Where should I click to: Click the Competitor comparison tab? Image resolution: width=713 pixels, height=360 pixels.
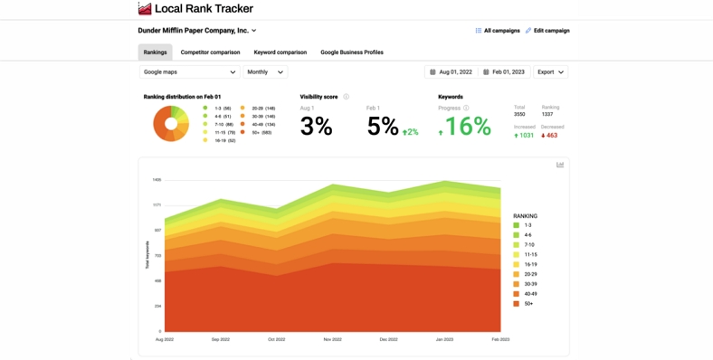[x=210, y=52]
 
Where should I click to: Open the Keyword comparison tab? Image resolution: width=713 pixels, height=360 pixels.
[x=280, y=52]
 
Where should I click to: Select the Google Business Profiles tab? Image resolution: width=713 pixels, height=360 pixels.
[x=351, y=52]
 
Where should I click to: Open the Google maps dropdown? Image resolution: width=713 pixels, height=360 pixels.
[x=189, y=71]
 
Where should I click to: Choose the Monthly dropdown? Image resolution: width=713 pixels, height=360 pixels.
[x=265, y=71]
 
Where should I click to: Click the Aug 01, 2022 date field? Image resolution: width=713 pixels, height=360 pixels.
[x=451, y=71]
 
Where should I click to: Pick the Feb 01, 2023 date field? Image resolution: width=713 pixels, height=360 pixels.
[x=504, y=71]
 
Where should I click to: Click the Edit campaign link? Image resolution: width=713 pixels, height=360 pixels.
[x=547, y=31]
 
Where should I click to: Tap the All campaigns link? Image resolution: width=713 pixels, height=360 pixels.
[x=498, y=31]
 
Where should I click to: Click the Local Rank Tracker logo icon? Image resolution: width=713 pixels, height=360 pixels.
[x=145, y=9]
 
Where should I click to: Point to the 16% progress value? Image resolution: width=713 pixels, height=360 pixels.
[x=468, y=127]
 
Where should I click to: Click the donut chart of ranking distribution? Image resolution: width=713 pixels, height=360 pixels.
[x=170, y=123]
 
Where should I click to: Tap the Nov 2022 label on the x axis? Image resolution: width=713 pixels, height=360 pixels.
[x=332, y=339]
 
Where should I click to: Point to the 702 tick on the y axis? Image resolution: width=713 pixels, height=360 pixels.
[x=157, y=255]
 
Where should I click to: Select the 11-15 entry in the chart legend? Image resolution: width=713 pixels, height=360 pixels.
[x=530, y=255]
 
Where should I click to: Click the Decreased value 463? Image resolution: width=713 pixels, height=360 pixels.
[x=551, y=136]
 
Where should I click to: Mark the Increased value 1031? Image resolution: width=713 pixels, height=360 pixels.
[x=525, y=136]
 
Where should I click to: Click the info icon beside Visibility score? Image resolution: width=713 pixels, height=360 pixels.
[x=346, y=97]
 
